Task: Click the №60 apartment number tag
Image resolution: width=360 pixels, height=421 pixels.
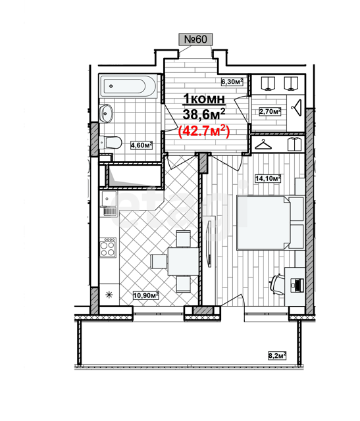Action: click(x=195, y=39)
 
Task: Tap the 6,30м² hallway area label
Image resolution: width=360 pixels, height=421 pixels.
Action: click(x=232, y=82)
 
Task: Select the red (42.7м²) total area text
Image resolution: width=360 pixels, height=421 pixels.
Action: click(x=204, y=132)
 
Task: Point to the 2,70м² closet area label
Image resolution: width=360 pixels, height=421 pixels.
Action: click(x=270, y=111)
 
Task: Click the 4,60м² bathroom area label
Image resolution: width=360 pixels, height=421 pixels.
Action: click(x=141, y=145)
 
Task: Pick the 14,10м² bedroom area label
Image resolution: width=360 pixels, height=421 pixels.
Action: click(x=268, y=178)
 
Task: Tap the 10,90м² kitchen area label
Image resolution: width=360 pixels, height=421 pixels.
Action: click(x=146, y=295)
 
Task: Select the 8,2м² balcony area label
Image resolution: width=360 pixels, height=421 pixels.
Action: click(x=277, y=356)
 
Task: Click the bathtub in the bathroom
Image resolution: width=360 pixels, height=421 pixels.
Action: click(x=128, y=86)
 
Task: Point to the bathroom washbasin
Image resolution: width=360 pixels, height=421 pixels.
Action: click(x=106, y=114)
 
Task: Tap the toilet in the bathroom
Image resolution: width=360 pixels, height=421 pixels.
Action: click(x=111, y=142)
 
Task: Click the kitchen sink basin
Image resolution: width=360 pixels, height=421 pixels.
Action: click(x=109, y=199)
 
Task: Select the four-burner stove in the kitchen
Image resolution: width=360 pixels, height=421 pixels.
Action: click(x=108, y=247)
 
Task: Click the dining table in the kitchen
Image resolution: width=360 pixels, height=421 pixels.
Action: click(x=183, y=261)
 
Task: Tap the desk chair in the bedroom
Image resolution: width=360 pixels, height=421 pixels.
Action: click(x=277, y=284)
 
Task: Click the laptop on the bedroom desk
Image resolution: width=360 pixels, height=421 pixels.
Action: click(x=297, y=285)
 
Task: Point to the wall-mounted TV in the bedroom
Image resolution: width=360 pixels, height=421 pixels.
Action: click(x=209, y=243)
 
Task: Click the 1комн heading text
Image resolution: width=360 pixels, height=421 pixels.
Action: click(x=204, y=99)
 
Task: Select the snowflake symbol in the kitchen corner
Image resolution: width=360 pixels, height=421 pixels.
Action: click(x=109, y=295)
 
